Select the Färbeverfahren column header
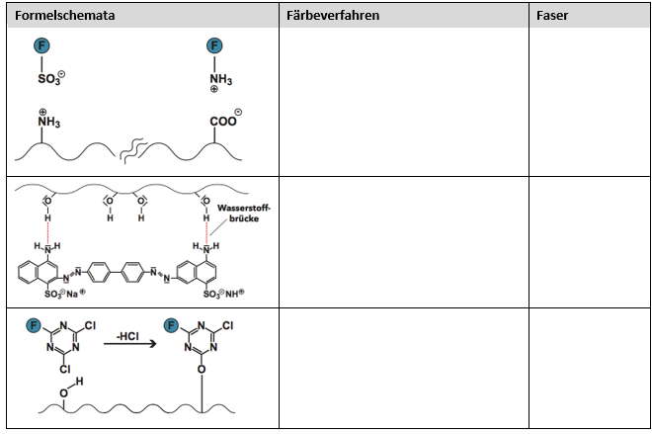331,17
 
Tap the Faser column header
554,17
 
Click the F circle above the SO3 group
41,44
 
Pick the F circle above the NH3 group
214,44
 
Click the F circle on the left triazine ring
33,324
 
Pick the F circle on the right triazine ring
174,324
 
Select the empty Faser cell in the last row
590,368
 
